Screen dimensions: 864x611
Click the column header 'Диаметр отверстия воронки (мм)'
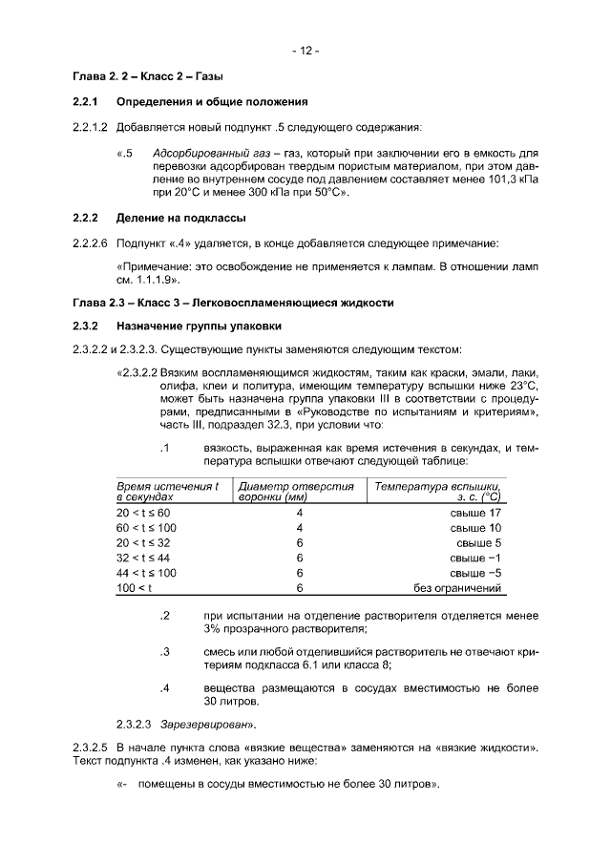tap(296, 492)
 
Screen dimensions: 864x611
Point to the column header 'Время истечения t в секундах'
tap(167, 492)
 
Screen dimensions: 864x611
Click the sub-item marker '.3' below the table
tap(164, 652)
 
